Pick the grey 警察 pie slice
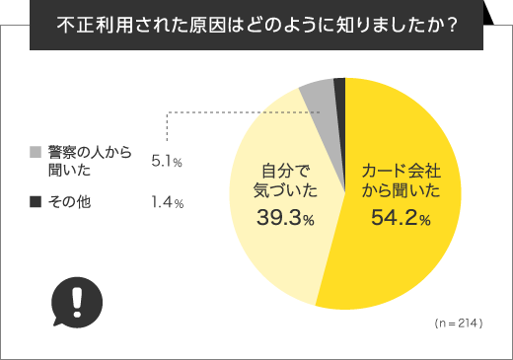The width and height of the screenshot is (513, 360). pyautogui.click(x=320, y=96)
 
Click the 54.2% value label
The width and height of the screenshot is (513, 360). pyautogui.click(x=400, y=220)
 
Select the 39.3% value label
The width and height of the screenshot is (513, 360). pyautogui.click(x=284, y=220)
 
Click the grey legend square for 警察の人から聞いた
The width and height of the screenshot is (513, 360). pyautogui.click(x=36, y=153)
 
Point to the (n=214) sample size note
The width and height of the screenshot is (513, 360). pyautogui.click(x=457, y=323)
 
